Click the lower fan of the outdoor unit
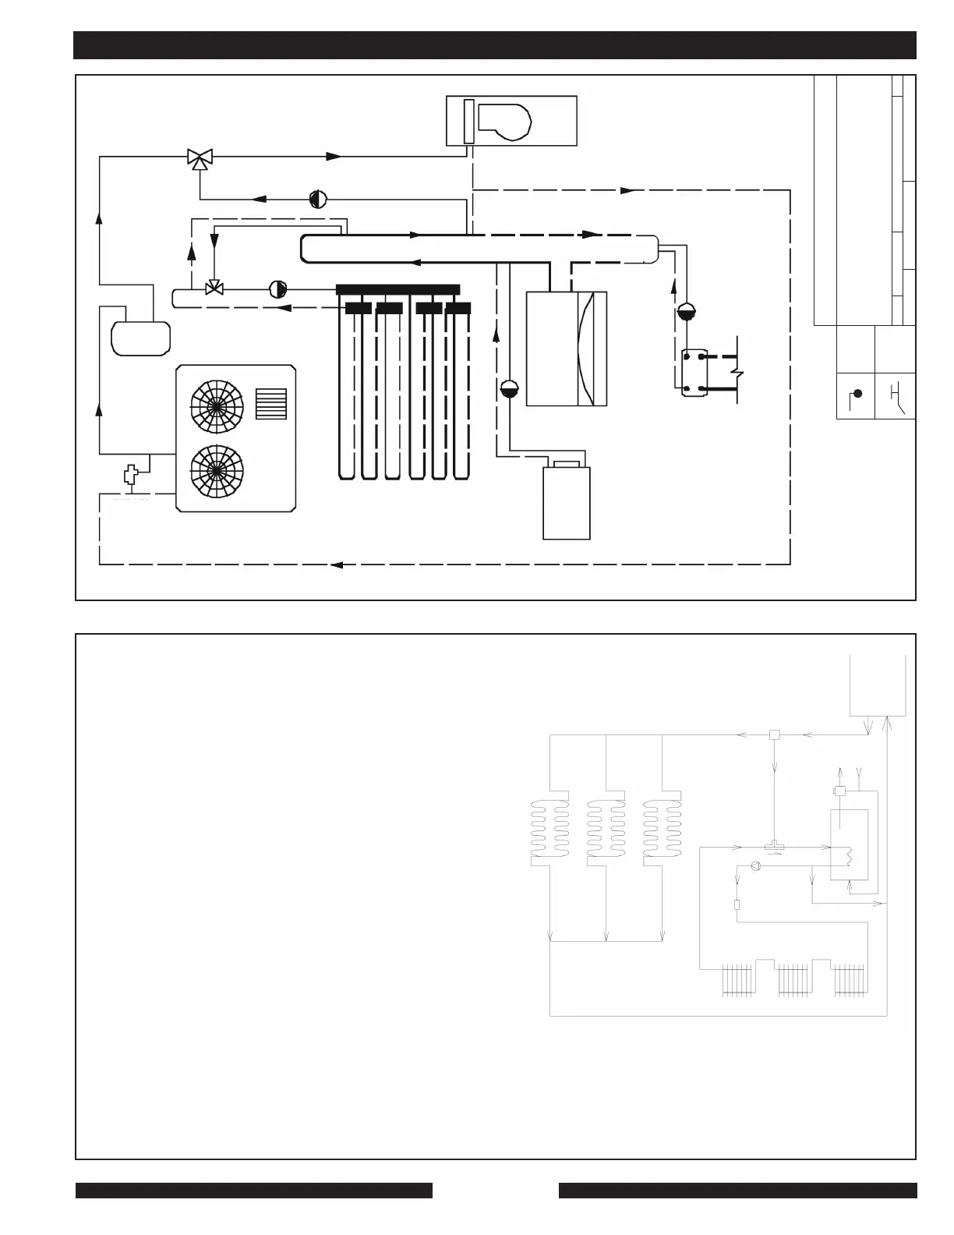pos(217,470)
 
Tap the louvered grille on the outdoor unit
pos(271,404)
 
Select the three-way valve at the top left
pos(200,158)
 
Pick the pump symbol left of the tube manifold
pos(277,289)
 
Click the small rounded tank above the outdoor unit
pos(140,338)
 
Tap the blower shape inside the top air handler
pos(505,121)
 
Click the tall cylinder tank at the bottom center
pos(567,502)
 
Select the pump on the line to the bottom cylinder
pos(508,387)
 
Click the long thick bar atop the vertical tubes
pos(398,290)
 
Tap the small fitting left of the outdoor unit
pos(130,475)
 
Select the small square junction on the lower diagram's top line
pos(774,734)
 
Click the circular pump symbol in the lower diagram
pos(754,866)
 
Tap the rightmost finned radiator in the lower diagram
pos(849,981)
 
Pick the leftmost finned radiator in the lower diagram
pos(737,981)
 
